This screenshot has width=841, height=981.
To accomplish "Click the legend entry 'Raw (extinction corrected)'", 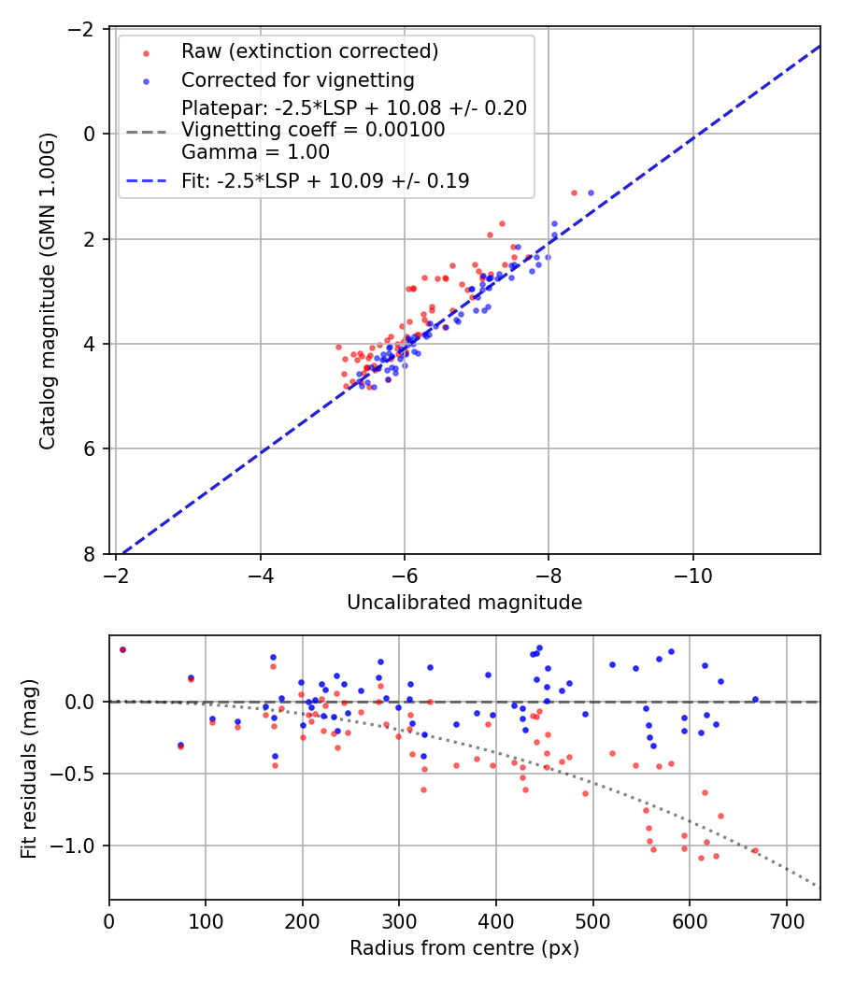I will click(x=309, y=50).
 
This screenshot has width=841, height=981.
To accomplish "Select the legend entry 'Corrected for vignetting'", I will click(x=297, y=79).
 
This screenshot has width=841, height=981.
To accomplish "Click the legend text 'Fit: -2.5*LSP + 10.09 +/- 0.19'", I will click(x=325, y=181).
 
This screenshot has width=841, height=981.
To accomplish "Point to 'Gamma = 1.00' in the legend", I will click(x=255, y=152).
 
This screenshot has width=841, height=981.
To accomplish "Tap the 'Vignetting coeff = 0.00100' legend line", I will click(x=313, y=130).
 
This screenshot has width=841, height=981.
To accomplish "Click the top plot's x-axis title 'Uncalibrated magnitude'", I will click(x=464, y=603).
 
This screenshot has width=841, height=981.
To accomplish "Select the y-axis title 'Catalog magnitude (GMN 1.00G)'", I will click(x=48, y=291).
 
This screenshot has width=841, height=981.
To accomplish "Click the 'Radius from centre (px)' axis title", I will click(x=464, y=948).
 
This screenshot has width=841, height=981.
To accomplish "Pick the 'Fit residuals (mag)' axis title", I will click(x=29, y=767).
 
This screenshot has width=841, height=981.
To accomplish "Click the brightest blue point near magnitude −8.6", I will click(x=591, y=192).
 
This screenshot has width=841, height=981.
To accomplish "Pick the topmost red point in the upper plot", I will click(x=574, y=192).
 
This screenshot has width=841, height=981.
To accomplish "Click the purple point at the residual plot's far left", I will click(x=122, y=649).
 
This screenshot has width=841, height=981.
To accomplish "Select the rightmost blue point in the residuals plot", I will click(x=755, y=699).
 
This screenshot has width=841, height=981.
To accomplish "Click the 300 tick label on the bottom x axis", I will click(x=399, y=923).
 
